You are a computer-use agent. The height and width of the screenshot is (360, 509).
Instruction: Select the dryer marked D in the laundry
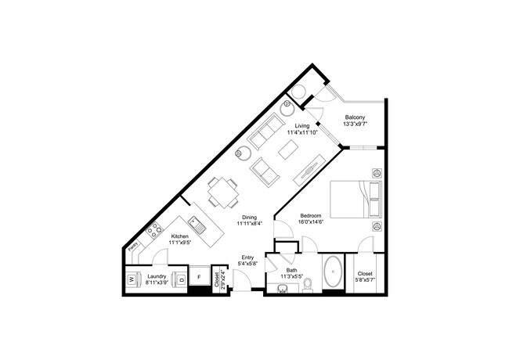click(x=181, y=279)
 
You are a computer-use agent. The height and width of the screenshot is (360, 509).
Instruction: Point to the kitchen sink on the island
click(x=200, y=229)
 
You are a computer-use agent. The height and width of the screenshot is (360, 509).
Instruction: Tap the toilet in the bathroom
click(x=309, y=283)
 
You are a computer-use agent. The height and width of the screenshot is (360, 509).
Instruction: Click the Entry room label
click(x=247, y=257)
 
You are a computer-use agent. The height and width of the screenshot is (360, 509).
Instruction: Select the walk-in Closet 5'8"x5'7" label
click(x=365, y=275)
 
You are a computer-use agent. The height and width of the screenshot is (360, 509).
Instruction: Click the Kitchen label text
click(x=179, y=236)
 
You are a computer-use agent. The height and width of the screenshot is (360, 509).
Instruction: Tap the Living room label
click(x=301, y=125)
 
